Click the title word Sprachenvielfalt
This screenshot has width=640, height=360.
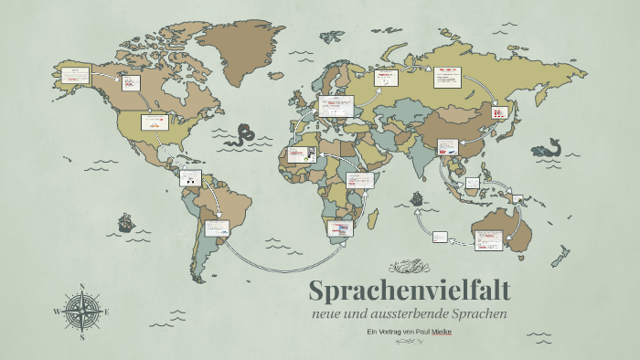click(409, 291)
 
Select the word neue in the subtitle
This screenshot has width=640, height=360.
click(326, 313)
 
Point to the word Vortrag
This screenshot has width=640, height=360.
click(390, 331)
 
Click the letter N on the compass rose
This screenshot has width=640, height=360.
click(83, 288)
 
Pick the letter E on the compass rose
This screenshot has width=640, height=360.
click(108, 312)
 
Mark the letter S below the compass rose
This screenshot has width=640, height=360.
click(83, 337)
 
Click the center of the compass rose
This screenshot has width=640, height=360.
click(83, 312)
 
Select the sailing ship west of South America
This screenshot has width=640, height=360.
click(123, 222)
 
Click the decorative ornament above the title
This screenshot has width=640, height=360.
click(409, 268)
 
